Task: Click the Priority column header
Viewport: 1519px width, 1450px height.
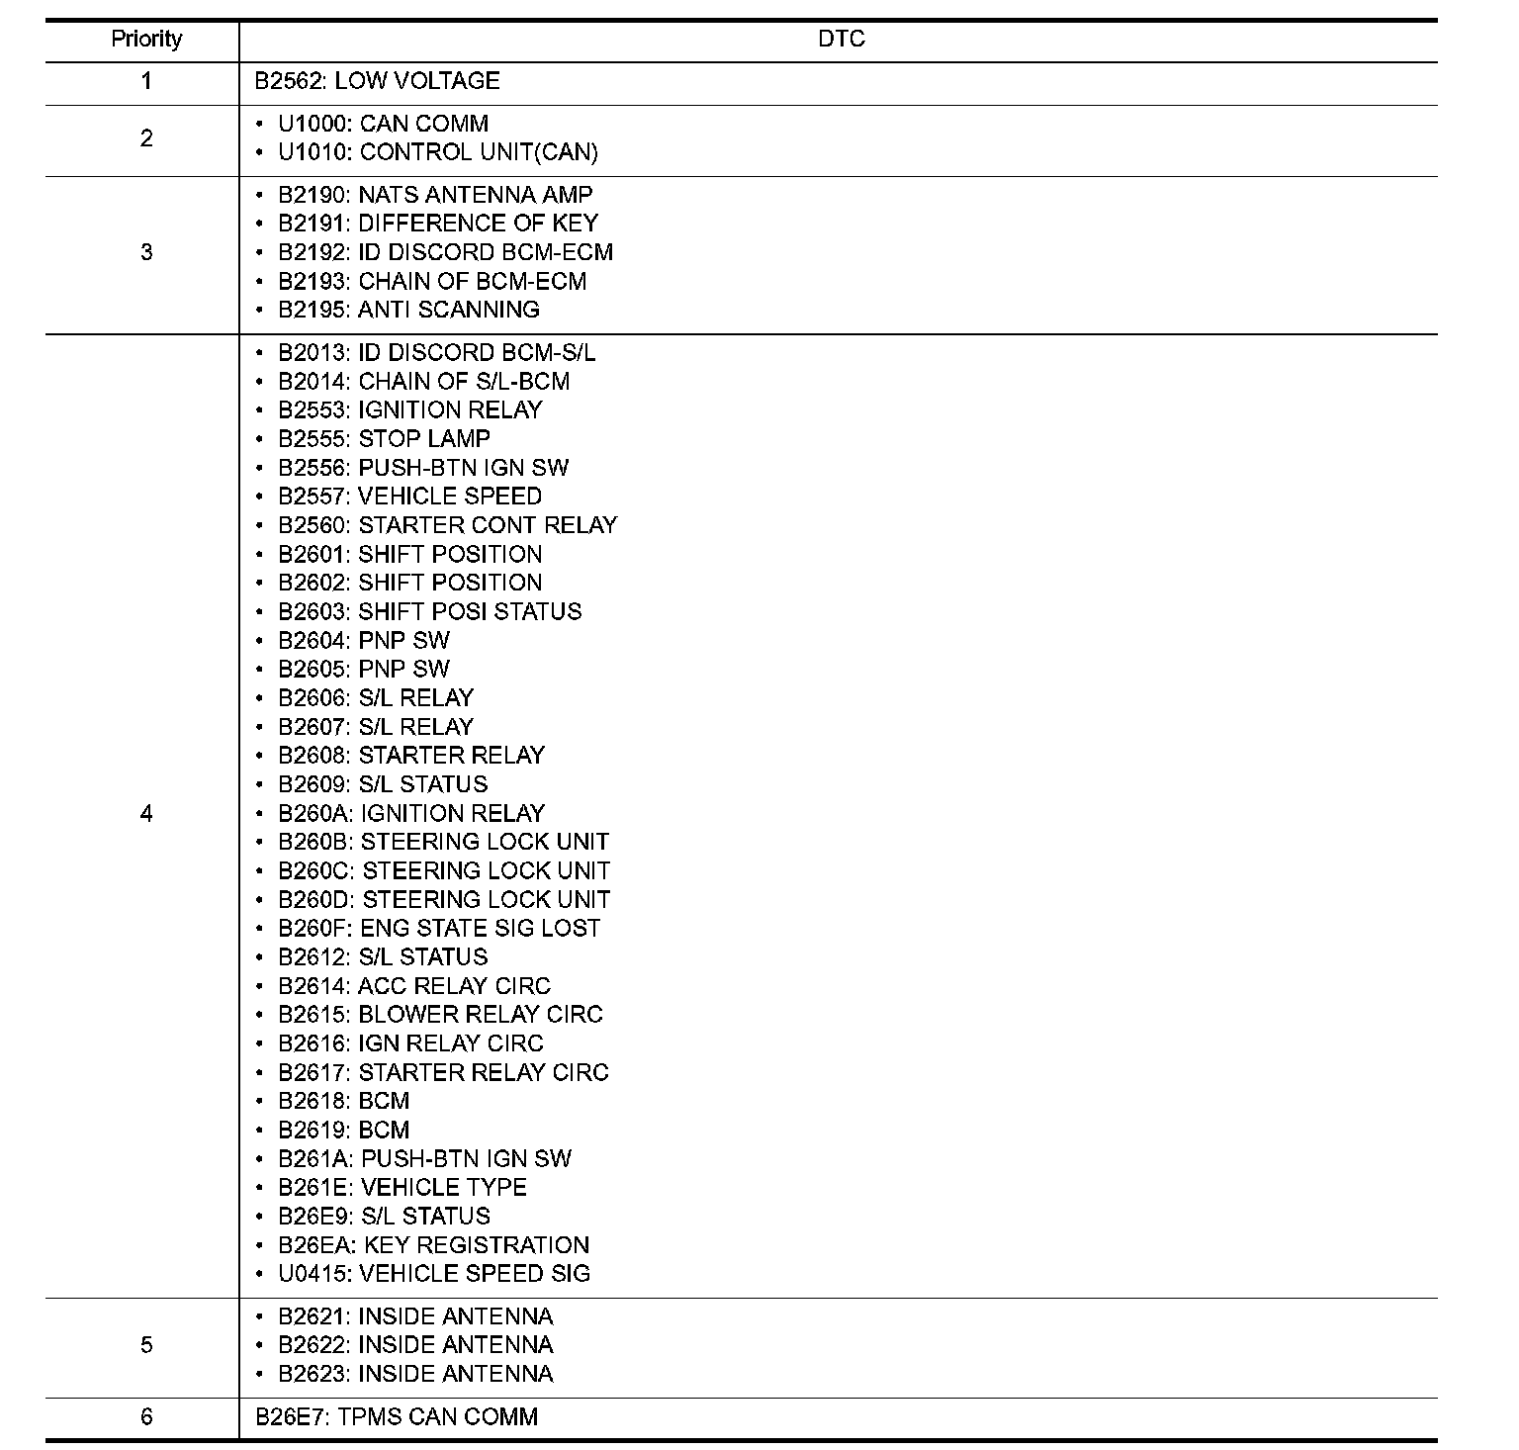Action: (146, 40)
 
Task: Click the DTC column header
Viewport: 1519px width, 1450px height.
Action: (841, 40)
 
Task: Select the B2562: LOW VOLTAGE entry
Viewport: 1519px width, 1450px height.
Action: (377, 81)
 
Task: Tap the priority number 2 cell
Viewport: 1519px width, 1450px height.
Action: (146, 138)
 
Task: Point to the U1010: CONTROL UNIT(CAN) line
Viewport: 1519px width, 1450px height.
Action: (437, 152)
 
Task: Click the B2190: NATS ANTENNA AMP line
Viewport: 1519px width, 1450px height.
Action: (435, 195)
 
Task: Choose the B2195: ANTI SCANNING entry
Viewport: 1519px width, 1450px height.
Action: (408, 310)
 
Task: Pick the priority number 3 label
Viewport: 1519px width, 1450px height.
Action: (146, 252)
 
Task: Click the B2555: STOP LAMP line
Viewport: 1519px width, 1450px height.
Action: (384, 438)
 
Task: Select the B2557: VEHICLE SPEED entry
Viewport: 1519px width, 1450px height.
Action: (409, 496)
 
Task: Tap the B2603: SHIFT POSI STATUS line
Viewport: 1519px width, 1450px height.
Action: (429, 611)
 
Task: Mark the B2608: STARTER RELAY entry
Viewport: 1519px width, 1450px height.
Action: (411, 756)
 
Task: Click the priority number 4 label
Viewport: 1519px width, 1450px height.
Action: (146, 814)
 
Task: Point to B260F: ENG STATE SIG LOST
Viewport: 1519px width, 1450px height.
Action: (439, 928)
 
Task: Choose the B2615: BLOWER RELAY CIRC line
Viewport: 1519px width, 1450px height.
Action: (440, 1015)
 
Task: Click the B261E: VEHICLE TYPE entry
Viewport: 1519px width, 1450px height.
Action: (402, 1187)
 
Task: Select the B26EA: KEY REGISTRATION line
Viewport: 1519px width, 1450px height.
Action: (433, 1244)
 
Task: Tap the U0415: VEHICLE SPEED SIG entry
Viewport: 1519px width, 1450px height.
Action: (433, 1273)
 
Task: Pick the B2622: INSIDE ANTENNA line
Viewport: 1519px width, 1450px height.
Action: (415, 1345)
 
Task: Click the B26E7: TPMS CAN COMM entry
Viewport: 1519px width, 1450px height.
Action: (396, 1416)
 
